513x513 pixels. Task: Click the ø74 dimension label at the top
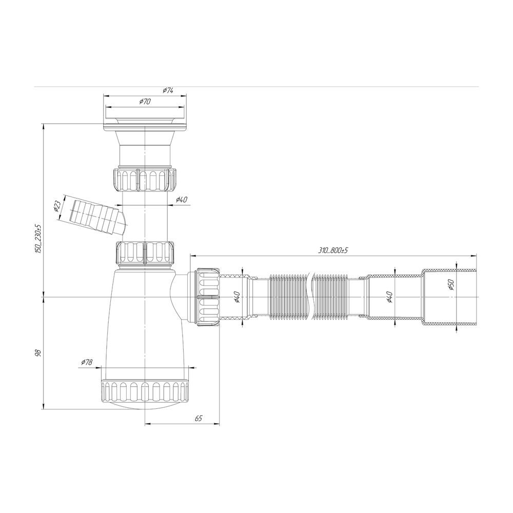tap(168, 90)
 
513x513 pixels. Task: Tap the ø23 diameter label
tap(57, 206)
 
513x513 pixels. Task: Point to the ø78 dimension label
tap(86, 362)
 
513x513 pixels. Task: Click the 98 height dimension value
tap(37, 353)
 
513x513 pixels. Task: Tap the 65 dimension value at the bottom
tap(198, 419)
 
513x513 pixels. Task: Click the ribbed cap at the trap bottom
tap(145, 391)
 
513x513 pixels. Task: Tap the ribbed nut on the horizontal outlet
tap(208, 297)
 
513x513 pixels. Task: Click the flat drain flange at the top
tap(145, 122)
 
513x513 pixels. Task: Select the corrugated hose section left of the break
tap(287, 297)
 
